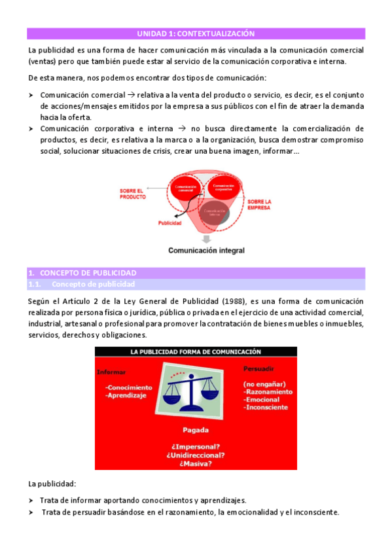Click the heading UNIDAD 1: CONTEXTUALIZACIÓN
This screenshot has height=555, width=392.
coord(196,33)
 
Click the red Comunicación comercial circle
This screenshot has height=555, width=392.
coord(185,190)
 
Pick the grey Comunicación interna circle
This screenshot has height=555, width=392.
coord(215,213)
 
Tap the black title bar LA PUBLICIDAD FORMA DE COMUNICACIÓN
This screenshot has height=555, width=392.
coord(196,351)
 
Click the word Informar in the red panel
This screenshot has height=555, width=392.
coord(111,372)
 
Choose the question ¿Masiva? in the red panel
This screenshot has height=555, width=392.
coord(196,463)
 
